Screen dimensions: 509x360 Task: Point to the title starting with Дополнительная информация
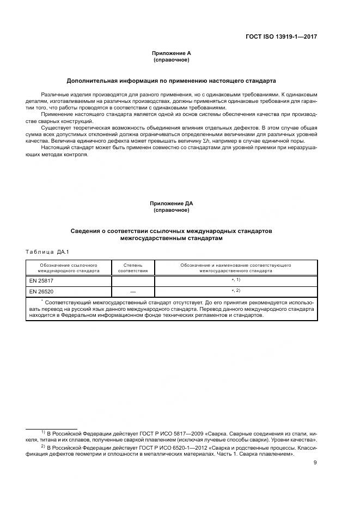coord(171,81)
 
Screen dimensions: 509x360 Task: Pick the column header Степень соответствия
coord(133,267)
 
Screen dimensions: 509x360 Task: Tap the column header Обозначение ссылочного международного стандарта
coord(68,267)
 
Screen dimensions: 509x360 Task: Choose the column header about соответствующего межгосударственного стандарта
coord(235,267)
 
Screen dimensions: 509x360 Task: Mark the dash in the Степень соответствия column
coord(133,291)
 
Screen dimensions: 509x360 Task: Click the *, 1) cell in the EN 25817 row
coord(235,280)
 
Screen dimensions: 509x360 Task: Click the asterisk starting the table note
coord(42,300)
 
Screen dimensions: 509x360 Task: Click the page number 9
coord(315,463)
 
